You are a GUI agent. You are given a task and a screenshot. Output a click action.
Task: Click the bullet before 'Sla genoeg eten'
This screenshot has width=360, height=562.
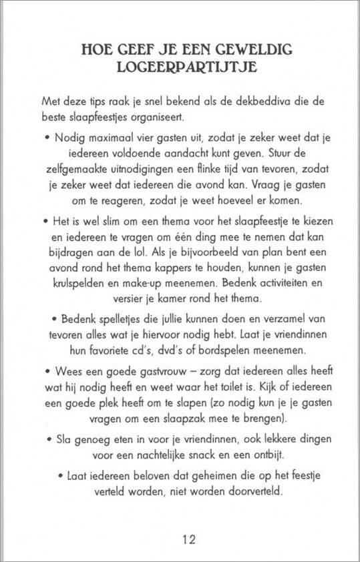(51, 441)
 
